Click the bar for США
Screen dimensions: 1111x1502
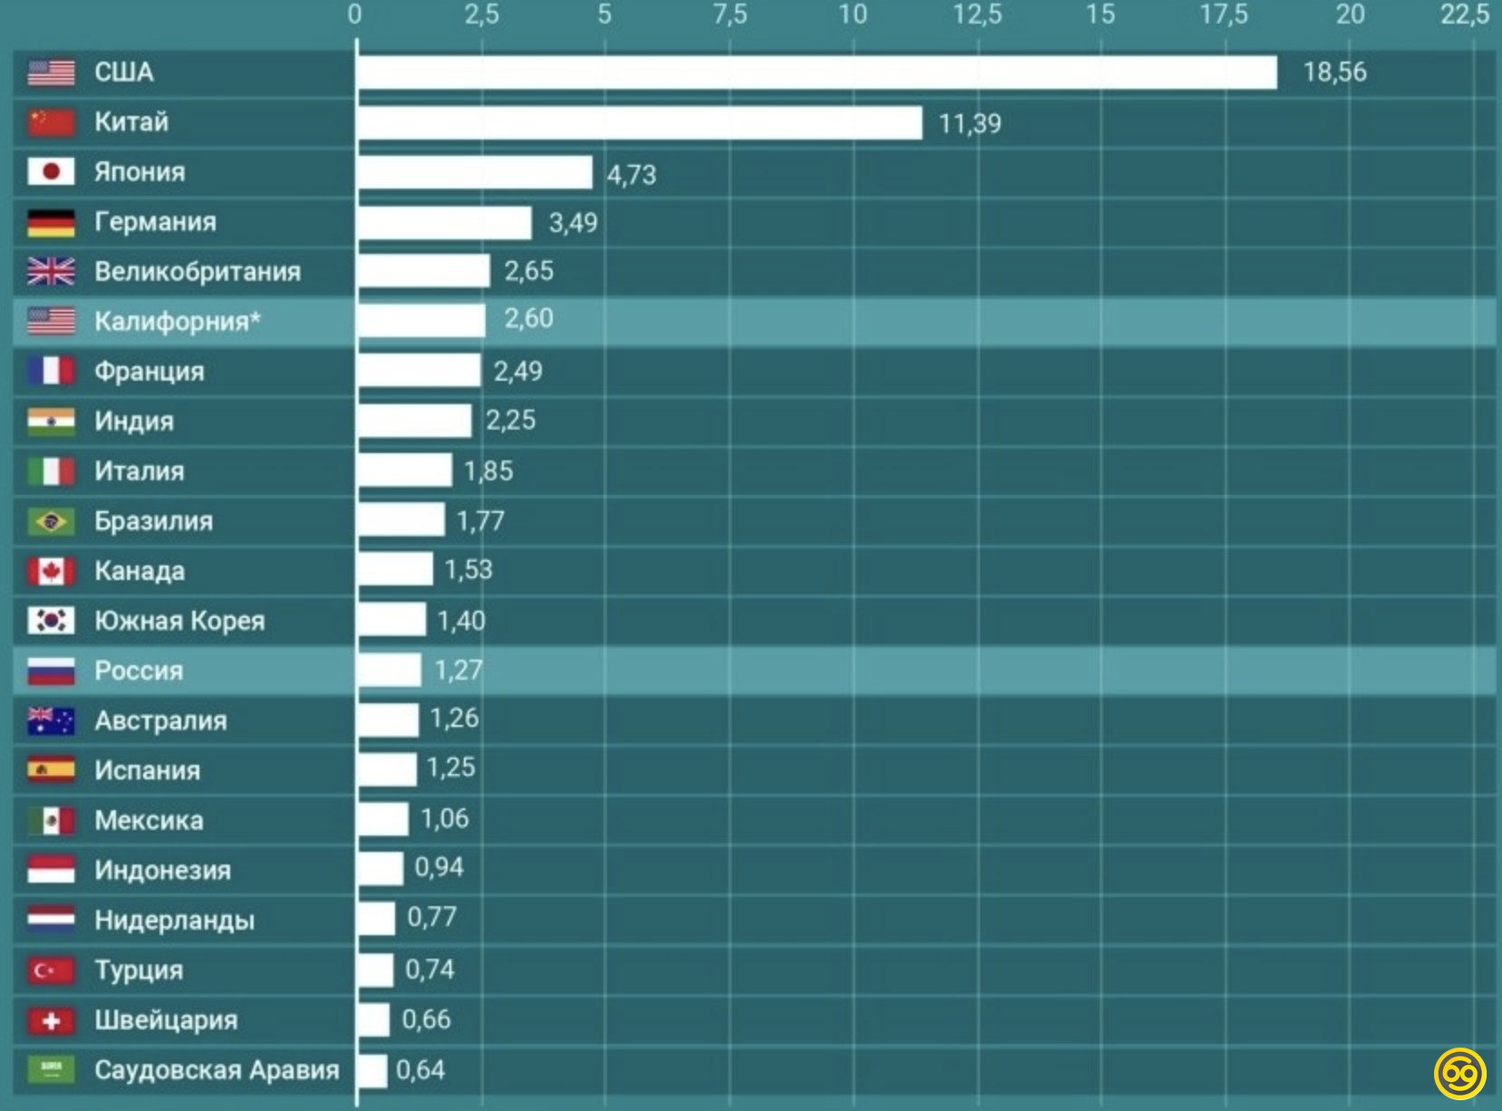[x=815, y=72]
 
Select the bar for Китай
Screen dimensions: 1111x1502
[x=640, y=122]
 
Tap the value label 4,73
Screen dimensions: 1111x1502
[x=631, y=174]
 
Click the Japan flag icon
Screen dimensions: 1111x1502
[x=51, y=172]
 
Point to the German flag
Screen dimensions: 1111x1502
[x=51, y=222]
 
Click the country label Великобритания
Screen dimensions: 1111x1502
[x=197, y=272]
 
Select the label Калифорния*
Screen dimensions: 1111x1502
[x=178, y=322]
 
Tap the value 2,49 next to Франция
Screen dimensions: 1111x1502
[x=518, y=371]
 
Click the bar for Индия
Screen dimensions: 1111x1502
[x=415, y=420]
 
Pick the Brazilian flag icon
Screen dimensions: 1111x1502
[x=51, y=521]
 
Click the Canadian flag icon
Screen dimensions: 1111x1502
[x=51, y=571]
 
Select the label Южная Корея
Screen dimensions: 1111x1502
[x=179, y=621]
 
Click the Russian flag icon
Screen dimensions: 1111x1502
[x=51, y=671]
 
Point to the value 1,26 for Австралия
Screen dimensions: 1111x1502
[x=454, y=719]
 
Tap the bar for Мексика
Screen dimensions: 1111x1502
[x=383, y=819]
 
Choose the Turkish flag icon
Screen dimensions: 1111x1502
[x=51, y=971]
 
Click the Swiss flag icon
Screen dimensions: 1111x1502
[x=51, y=1020]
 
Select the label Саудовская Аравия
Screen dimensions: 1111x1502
[x=217, y=1070]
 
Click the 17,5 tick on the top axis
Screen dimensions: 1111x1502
[x=1224, y=14]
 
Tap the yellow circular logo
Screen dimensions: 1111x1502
[x=1460, y=1074]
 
